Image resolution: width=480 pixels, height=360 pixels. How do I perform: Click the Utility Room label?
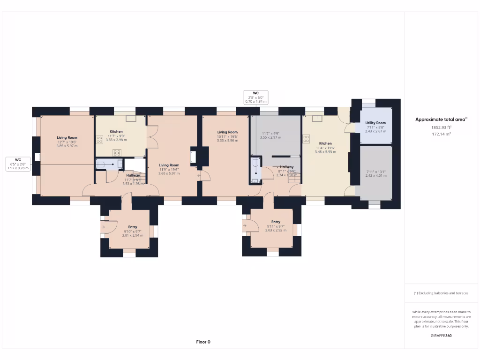click(375, 123)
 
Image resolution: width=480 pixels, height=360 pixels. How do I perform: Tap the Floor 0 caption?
click(203, 342)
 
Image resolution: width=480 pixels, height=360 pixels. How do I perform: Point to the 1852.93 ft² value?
click(442, 127)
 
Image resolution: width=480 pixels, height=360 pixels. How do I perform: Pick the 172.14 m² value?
click(442, 134)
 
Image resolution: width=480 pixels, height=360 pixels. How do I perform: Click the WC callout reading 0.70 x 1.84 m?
click(255, 97)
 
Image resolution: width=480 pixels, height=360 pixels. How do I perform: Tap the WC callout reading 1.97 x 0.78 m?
click(18, 164)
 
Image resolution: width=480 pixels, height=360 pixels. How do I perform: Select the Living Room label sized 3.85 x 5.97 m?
click(67, 138)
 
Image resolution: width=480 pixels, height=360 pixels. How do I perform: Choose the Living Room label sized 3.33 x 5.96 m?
click(227, 133)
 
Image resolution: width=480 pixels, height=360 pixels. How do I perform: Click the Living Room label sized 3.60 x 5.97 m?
click(169, 165)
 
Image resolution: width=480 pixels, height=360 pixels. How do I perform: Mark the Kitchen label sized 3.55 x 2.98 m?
click(116, 132)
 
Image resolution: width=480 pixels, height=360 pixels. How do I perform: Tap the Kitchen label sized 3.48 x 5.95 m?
click(325, 143)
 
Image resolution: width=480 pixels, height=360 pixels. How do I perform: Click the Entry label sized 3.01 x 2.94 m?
click(133, 227)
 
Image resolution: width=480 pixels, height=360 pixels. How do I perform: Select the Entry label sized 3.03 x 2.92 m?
click(275, 222)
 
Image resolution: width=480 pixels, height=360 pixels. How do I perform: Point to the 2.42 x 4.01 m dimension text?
click(375, 175)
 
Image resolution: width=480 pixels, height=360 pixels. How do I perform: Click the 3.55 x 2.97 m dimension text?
click(271, 137)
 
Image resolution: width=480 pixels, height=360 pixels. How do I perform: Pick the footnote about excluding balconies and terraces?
click(441, 293)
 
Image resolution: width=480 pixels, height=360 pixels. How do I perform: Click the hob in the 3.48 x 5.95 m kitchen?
click(307, 139)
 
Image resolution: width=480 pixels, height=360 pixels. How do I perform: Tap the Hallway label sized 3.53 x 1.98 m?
click(133, 175)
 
